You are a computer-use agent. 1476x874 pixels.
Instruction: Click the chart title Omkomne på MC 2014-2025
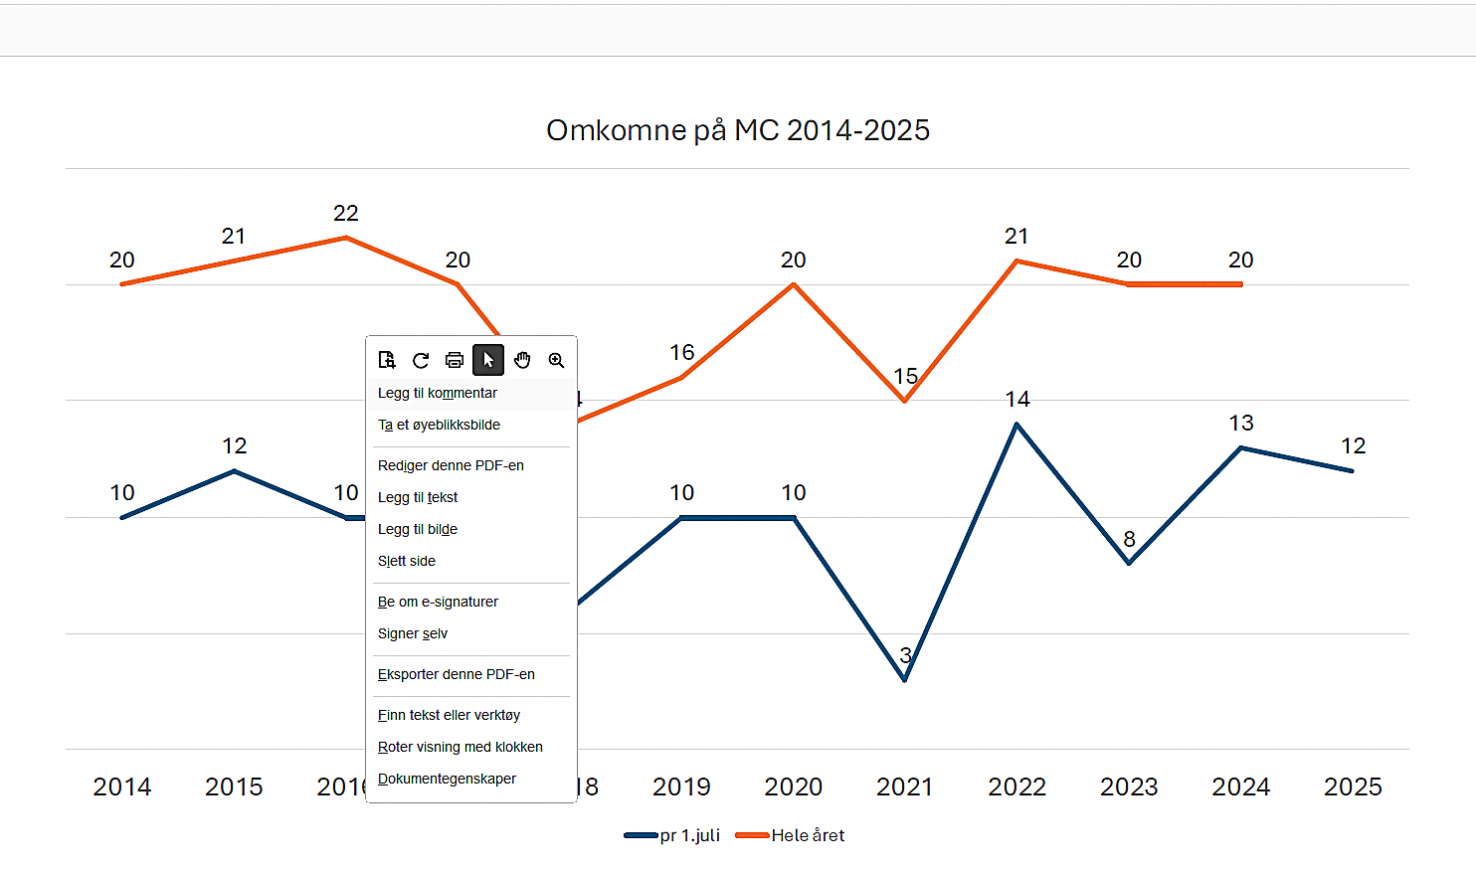coord(738,130)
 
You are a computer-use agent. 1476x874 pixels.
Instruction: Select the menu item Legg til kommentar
coord(438,394)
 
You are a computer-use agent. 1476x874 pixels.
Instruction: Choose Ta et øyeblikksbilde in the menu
coord(439,426)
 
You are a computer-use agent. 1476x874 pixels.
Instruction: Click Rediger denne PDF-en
coord(451,466)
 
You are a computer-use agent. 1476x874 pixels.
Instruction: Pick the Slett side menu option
coord(407,562)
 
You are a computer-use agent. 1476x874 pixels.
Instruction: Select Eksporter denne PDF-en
coord(457,675)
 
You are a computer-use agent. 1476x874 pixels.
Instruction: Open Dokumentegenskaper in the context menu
coord(447,780)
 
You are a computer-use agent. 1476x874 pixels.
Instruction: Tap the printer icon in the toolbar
coord(455,360)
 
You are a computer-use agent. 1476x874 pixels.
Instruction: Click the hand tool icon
coord(522,360)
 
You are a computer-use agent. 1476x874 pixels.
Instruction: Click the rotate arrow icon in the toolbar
coord(421,360)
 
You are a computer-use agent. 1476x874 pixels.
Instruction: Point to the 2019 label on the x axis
coord(681,787)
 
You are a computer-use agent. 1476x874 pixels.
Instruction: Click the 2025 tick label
coord(1353,787)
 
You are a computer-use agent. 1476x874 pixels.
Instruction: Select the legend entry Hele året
coord(807,836)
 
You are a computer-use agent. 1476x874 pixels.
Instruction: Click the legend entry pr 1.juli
coord(689,836)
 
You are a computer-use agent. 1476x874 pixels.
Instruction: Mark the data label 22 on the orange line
coord(345,214)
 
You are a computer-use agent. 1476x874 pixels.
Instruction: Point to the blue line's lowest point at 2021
coord(905,680)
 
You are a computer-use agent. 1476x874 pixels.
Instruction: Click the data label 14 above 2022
coord(1016,400)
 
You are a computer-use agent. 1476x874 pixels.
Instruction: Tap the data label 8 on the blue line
coord(1129,540)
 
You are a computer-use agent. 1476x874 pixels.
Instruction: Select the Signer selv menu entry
coord(413,634)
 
